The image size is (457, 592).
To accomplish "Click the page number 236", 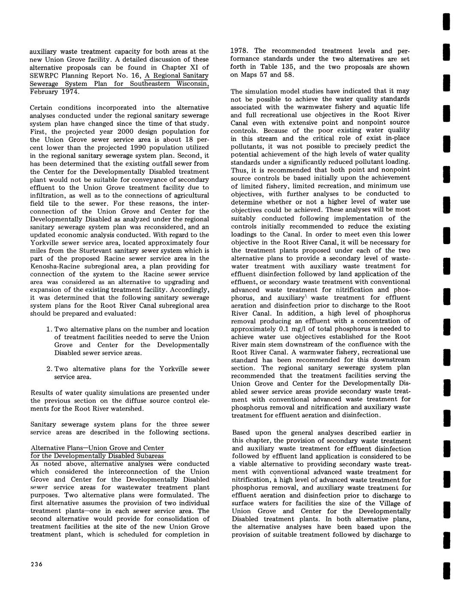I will (x=36, y=564).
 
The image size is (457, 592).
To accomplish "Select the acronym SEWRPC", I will (x=44, y=76).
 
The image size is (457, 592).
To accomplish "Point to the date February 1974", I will (x=54, y=92).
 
